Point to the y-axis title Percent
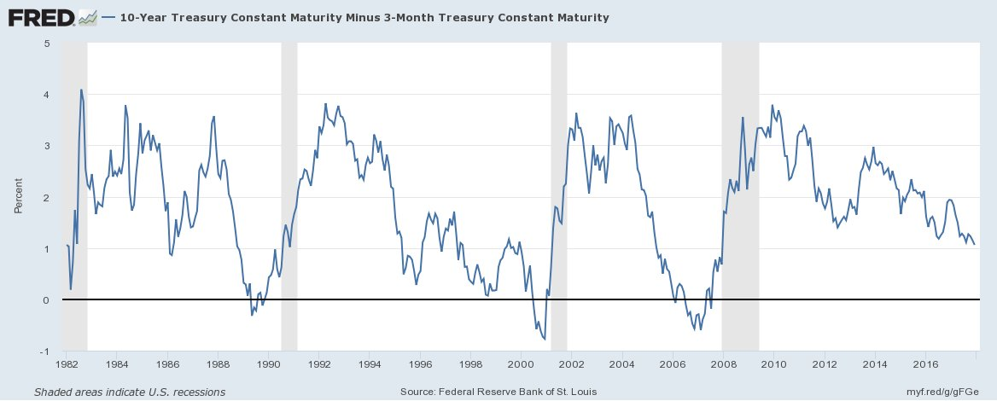18,197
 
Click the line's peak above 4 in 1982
81,90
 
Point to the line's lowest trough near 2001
545,340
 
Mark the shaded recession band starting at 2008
740,196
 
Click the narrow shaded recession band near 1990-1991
289,196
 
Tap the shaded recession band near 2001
559,196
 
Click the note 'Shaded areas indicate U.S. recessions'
130,392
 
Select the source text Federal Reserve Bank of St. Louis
499,392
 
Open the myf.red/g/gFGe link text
947,392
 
